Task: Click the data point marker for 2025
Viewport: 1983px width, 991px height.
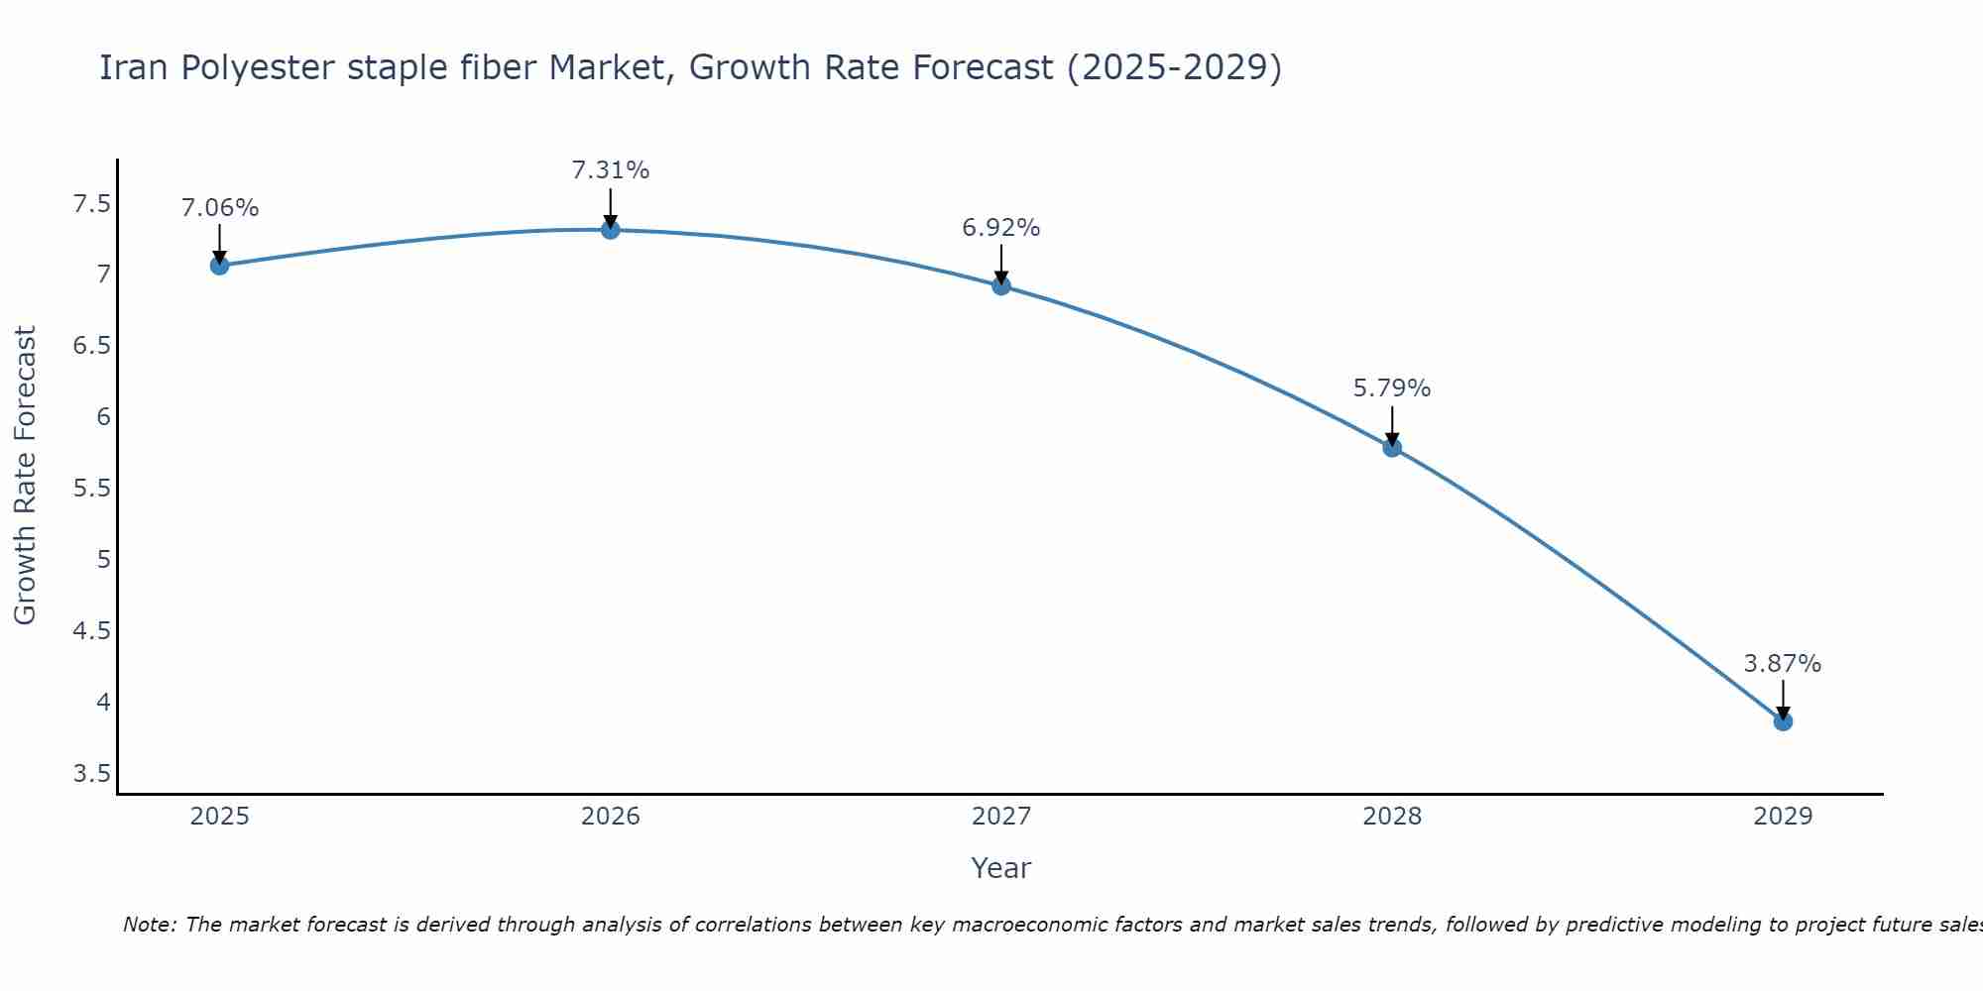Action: click(220, 266)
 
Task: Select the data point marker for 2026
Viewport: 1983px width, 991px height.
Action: click(611, 230)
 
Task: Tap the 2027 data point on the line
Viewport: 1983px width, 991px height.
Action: click(1001, 286)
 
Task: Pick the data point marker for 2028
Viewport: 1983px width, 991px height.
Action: click(1392, 448)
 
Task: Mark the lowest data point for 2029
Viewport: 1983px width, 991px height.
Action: click(1783, 721)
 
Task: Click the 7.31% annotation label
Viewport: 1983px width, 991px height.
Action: click(611, 170)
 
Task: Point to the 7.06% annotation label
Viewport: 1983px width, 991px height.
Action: click(220, 208)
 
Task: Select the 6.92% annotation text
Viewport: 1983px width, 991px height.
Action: click(1001, 228)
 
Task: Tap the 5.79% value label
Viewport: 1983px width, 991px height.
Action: click(1392, 388)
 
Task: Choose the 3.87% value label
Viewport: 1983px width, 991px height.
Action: click(1783, 664)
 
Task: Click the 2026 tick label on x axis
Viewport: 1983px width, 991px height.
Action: click(611, 817)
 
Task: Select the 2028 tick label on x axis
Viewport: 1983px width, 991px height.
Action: click(1392, 817)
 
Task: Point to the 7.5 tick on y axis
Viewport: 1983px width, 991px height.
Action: click(92, 205)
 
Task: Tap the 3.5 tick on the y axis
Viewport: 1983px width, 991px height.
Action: click(92, 774)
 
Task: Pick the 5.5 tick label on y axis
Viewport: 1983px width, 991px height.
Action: click(92, 490)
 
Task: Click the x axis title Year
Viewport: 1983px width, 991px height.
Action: click(1001, 868)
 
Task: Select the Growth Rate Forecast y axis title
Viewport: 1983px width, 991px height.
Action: click(26, 476)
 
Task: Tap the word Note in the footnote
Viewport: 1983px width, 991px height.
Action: click(149, 925)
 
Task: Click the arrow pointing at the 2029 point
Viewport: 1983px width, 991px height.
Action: click(1783, 700)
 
